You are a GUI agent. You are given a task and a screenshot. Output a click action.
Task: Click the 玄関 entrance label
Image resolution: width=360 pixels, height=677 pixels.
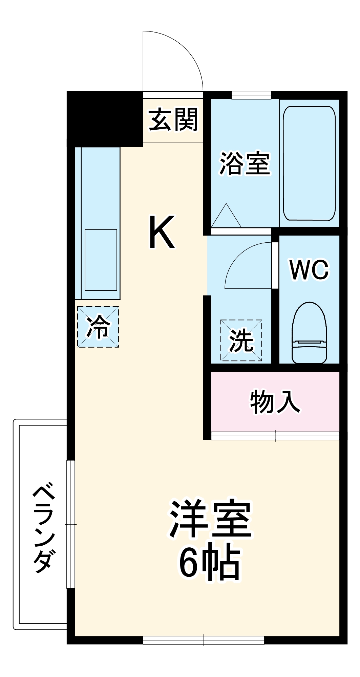click(173, 120)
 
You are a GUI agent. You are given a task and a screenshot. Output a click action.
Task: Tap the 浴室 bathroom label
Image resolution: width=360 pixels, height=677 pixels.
click(245, 164)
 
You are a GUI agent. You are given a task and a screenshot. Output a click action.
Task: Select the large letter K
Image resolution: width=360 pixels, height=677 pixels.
click(162, 232)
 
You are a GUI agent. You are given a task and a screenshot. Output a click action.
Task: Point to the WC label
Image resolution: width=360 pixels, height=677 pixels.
click(309, 270)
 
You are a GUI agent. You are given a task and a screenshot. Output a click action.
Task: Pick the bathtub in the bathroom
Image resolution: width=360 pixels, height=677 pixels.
click(309, 163)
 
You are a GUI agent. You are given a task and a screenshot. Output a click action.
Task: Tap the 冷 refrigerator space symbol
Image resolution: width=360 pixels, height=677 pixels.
click(98, 327)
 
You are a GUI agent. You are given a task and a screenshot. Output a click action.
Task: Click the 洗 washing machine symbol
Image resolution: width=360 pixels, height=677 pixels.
click(241, 340)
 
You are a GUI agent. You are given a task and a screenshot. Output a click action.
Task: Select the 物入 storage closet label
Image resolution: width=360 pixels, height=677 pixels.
click(275, 402)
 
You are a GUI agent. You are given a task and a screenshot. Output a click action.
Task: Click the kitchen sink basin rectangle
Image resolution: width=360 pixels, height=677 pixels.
click(101, 260)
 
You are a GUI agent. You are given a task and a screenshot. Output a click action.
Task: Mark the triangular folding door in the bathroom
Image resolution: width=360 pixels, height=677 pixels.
click(226, 217)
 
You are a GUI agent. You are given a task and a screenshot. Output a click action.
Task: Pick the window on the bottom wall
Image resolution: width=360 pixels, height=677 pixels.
click(204, 640)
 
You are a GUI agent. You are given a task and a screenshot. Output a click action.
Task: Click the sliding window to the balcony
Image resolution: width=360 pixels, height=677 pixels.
click(70, 524)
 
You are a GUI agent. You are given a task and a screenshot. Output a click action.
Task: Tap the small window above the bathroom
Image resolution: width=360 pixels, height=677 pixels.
click(251, 95)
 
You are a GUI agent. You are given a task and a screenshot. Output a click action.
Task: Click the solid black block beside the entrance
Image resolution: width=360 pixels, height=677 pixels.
click(105, 119)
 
